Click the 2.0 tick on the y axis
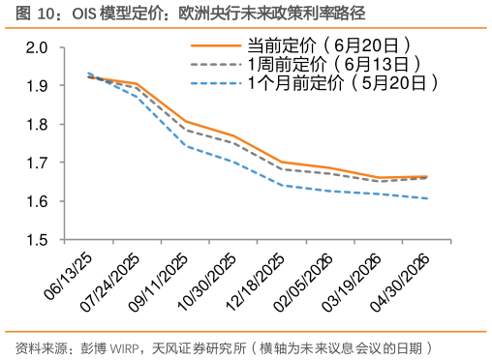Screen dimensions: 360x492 pos(36,47)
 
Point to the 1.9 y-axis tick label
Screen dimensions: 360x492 pos(36,86)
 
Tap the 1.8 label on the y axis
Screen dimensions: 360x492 pos(36,124)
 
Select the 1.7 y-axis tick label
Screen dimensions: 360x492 pos(36,163)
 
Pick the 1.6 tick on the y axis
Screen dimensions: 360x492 pos(36,200)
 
